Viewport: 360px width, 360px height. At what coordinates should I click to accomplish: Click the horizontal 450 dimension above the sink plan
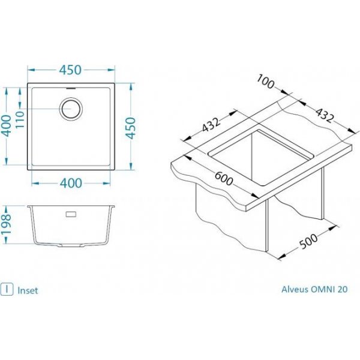(x=70, y=70)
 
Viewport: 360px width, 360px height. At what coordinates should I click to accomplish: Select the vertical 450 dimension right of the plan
(x=131, y=128)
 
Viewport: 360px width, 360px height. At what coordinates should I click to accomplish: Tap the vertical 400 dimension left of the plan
(x=7, y=126)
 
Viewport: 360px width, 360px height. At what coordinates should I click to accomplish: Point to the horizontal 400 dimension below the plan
(x=71, y=183)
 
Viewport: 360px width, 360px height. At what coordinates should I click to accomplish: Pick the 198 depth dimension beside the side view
(x=6, y=224)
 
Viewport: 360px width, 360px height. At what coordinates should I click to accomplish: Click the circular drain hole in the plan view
(x=71, y=108)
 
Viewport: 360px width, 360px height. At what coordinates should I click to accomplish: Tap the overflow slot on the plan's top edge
(x=71, y=88)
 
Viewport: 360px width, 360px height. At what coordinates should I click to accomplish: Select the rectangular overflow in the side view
(x=71, y=214)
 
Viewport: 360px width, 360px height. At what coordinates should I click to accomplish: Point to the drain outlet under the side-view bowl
(x=71, y=245)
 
